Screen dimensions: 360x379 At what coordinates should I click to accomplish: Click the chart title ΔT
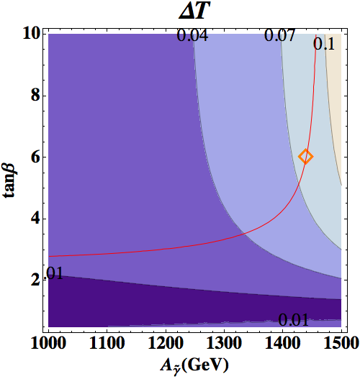coord(194,12)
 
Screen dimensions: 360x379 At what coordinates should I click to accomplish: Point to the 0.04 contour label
coord(192,35)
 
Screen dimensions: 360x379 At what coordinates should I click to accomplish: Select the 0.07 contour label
coord(279,35)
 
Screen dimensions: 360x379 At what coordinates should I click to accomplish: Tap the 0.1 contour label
coord(324,44)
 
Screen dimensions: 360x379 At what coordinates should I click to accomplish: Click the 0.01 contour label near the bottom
coord(294,320)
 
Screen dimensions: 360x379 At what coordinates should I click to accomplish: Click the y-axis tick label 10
coord(32,34)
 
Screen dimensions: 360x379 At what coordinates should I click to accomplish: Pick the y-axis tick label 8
coord(35,96)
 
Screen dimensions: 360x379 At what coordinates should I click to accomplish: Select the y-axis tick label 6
coord(35,157)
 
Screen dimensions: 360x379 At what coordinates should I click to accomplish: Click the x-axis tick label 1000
coord(48,343)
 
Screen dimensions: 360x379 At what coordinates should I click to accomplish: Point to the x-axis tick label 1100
coord(107,343)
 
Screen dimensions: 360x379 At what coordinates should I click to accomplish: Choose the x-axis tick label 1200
coord(166,343)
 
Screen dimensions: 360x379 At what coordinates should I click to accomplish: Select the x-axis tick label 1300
coord(224,343)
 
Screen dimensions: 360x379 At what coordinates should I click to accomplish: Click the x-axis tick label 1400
coord(282,343)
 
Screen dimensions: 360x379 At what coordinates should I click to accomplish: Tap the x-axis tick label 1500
coord(341,343)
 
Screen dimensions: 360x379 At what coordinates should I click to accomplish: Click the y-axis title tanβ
coord(9,181)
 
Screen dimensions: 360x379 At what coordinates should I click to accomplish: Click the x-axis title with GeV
coord(194,366)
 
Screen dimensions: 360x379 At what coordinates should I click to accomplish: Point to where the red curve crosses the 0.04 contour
coord(244,234)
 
